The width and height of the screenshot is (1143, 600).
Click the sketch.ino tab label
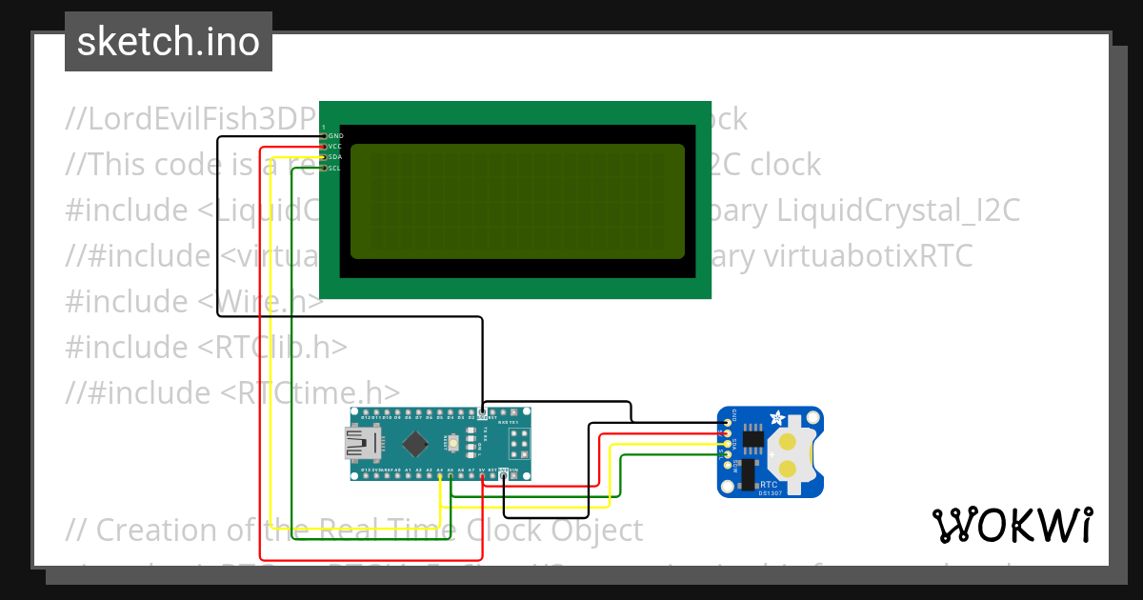(x=169, y=42)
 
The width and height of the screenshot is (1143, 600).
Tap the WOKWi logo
(x=1012, y=526)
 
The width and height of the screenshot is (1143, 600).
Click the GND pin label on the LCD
(x=335, y=136)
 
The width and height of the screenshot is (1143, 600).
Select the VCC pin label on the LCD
(x=335, y=147)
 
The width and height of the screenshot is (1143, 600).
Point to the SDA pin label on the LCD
(x=335, y=157)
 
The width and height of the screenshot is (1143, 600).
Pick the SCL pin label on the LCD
(x=334, y=169)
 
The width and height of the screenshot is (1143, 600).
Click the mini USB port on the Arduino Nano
(x=361, y=443)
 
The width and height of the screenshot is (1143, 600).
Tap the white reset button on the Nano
(x=456, y=443)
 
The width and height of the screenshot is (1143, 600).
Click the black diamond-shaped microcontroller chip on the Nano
(x=415, y=443)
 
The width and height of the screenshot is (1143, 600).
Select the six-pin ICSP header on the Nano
(x=518, y=443)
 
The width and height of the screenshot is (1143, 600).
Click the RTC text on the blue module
(x=769, y=484)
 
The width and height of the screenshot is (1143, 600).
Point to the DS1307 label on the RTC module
(x=770, y=492)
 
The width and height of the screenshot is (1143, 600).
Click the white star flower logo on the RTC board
(x=776, y=418)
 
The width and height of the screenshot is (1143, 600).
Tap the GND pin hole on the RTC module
(x=729, y=422)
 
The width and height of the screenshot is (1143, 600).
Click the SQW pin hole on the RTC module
(x=729, y=465)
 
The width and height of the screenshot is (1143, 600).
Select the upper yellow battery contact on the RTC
(x=789, y=441)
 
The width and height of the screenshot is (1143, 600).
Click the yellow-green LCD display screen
(x=517, y=201)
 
